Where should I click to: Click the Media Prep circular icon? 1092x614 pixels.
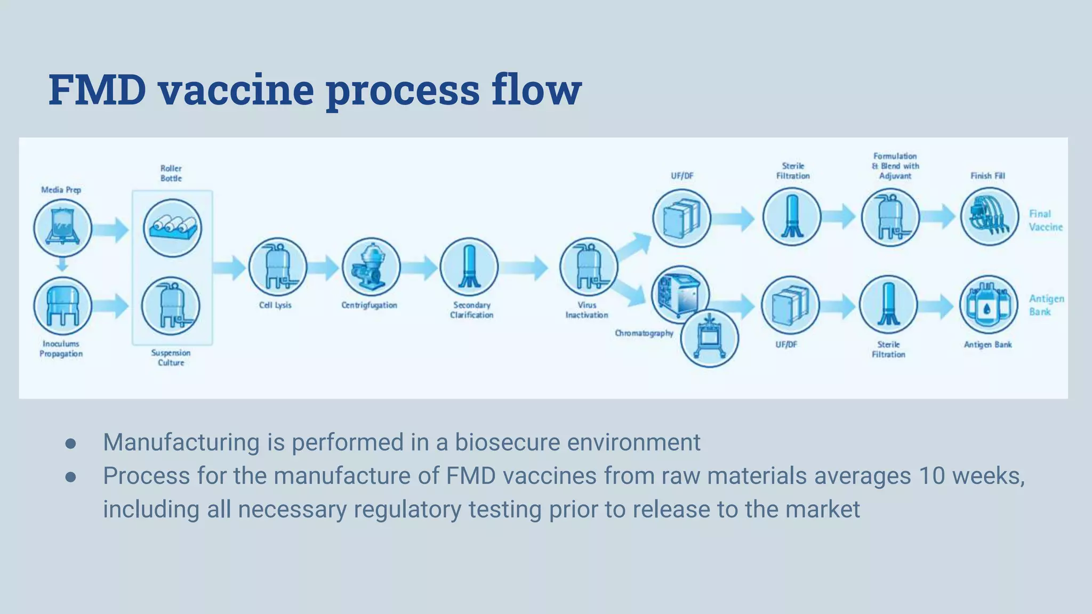(63, 228)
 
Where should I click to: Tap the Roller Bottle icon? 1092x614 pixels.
(172, 228)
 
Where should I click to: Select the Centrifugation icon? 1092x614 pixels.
(371, 266)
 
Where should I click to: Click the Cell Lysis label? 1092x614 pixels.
(275, 305)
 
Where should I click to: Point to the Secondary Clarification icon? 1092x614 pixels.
(469, 266)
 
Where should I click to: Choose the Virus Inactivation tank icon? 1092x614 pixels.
(589, 266)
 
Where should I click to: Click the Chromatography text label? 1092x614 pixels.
(644, 333)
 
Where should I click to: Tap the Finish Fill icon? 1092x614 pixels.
(989, 217)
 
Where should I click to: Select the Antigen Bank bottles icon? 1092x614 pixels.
(988, 305)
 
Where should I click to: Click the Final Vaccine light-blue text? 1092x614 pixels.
(1045, 220)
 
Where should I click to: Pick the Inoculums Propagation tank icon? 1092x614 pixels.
(63, 306)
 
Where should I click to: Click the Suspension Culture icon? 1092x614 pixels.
(171, 306)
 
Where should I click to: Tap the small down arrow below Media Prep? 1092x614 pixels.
(62, 264)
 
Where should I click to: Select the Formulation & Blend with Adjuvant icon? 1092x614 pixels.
(890, 217)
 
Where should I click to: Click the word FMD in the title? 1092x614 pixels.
(97, 89)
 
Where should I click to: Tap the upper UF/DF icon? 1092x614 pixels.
(681, 218)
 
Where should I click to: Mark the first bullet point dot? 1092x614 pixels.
(70, 443)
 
